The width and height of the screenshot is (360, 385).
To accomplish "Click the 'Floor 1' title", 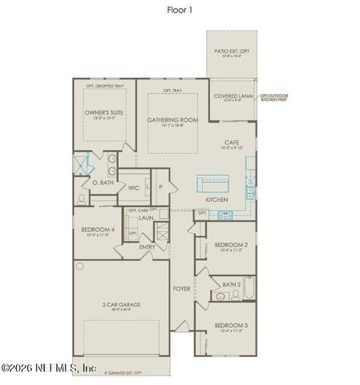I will tap(180, 10).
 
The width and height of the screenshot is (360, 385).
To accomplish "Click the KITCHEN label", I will tap(216, 199).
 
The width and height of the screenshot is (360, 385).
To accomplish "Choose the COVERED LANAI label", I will tap(233, 96).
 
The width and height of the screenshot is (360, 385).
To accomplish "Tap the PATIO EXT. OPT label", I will tap(232, 51).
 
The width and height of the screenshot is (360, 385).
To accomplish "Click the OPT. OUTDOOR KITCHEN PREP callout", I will tap(272, 99).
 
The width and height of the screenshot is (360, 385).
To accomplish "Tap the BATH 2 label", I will tap(232, 285).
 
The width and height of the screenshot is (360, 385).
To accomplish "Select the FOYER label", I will tap(182, 288).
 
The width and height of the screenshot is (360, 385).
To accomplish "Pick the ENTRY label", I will tap(147, 247).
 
